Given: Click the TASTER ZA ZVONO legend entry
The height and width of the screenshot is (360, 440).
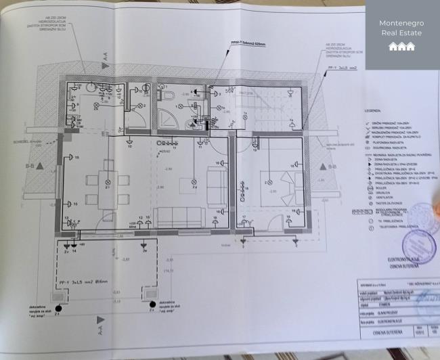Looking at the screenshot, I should (382, 202).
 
